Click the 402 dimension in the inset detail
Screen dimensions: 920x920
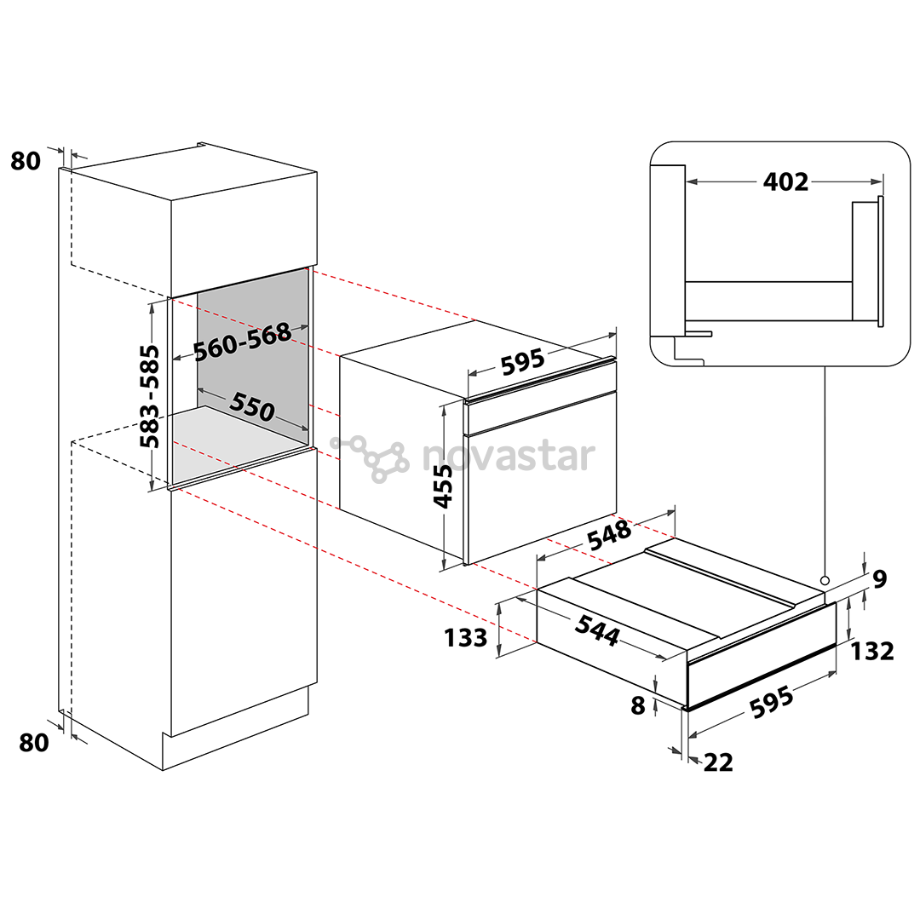click(785, 182)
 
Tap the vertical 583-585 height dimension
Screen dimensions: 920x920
click(150, 396)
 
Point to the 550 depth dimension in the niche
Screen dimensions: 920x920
click(252, 406)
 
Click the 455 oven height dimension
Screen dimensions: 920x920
click(443, 486)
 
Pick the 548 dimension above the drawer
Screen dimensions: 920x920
click(610, 534)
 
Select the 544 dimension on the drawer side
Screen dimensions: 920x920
click(597, 630)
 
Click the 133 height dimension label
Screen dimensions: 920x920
click(465, 638)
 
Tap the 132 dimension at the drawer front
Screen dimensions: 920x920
click(872, 652)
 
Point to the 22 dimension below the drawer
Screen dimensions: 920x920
click(718, 762)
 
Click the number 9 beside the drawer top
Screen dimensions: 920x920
click(879, 579)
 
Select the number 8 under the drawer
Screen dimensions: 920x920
click(638, 705)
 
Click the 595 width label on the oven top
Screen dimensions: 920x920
click(523, 361)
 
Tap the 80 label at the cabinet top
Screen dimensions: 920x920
click(26, 161)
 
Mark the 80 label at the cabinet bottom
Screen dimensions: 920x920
click(34, 742)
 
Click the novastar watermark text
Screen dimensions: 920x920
click(508, 456)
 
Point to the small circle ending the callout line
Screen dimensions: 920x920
click(825, 580)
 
